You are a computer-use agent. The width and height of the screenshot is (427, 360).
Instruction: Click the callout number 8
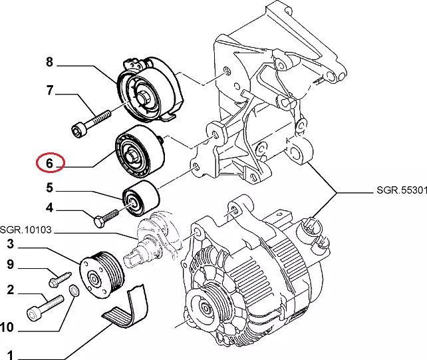pyautogui.click(x=49, y=63)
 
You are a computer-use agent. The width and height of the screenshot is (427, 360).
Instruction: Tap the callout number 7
pyautogui.click(x=49, y=91)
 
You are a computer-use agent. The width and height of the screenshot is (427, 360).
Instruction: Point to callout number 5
pyautogui.click(x=49, y=188)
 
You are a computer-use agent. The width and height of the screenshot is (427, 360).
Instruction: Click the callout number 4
pyautogui.click(x=49, y=208)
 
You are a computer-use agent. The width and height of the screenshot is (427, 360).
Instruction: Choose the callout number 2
pyautogui.click(x=11, y=289)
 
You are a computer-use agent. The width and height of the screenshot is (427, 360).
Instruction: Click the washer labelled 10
pyautogui.click(x=74, y=291)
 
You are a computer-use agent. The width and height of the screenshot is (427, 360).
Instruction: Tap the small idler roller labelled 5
pyautogui.click(x=140, y=198)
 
